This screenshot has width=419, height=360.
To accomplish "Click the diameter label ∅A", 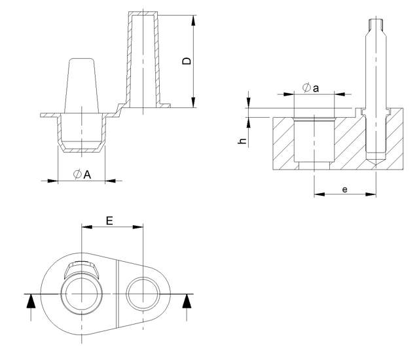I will click(x=82, y=173).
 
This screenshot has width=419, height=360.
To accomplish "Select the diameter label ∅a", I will click(x=311, y=89).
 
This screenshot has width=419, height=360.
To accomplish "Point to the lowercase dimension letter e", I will click(x=344, y=189).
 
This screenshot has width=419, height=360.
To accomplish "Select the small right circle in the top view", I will click(x=143, y=293).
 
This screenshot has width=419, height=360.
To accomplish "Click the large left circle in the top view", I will click(x=81, y=293).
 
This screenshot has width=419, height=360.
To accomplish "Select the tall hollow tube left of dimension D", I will click(x=141, y=59).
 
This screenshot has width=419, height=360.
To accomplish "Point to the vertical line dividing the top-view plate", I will click(x=118, y=293).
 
